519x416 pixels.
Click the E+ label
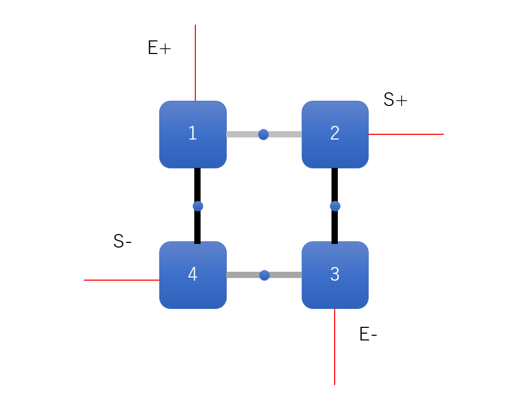click(159, 48)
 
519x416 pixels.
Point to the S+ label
click(395, 100)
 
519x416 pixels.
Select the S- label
click(123, 241)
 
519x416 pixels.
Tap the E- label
click(368, 335)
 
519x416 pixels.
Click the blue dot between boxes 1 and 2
click(263, 134)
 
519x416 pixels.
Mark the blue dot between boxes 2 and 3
click(335, 206)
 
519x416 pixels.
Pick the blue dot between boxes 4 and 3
click(264, 275)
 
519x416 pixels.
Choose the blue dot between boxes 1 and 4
click(197, 206)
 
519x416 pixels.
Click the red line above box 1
click(195, 63)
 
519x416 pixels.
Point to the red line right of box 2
click(406, 134)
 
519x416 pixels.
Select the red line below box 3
click(335, 346)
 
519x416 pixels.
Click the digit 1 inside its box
click(193, 133)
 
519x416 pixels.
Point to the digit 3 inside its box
click(335, 274)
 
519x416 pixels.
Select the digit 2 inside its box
click(335, 133)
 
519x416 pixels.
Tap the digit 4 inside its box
click(193, 274)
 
